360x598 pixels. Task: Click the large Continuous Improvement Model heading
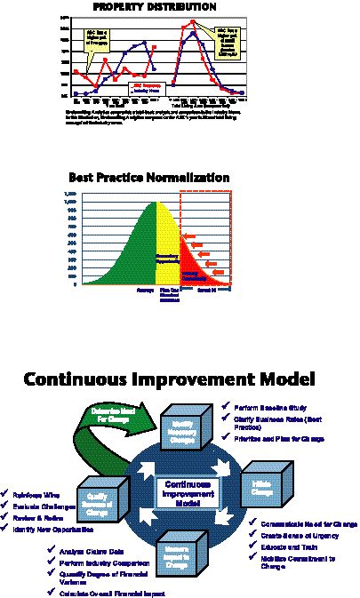[169, 379]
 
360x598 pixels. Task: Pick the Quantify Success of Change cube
[100, 498]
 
